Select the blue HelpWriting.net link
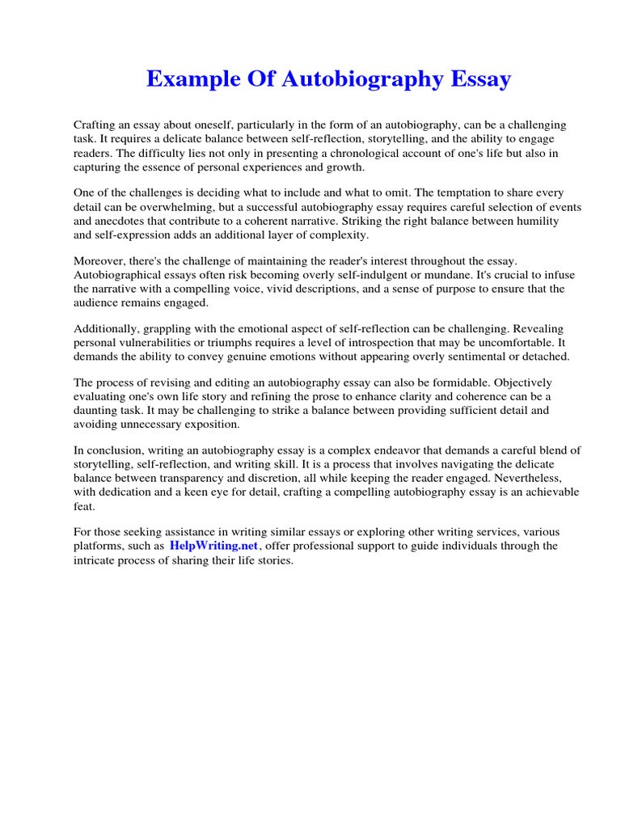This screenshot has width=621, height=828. point(213,546)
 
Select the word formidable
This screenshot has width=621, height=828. point(446,383)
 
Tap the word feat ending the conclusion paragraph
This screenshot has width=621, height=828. point(84,505)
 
